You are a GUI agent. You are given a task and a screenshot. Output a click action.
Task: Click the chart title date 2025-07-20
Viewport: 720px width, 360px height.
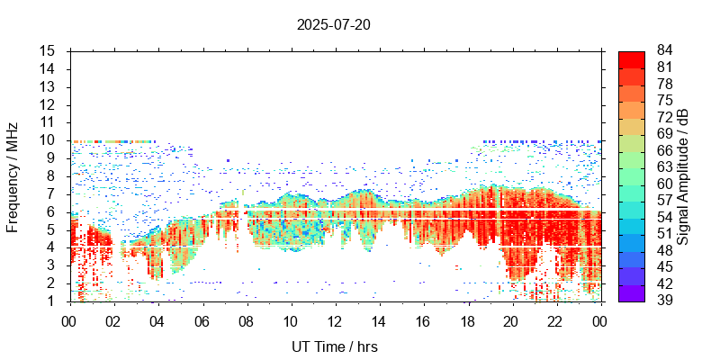[x=333, y=24]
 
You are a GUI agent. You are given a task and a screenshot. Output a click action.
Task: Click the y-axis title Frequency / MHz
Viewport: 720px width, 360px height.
[x=13, y=175]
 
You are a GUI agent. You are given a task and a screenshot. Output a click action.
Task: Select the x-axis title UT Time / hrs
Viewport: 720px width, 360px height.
[x=334, y=346]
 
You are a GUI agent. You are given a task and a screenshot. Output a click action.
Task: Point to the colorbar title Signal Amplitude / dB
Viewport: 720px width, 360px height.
[x=683, y=176]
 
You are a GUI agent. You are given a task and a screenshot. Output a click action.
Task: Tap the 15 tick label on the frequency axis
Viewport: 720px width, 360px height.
[x=49, y=51]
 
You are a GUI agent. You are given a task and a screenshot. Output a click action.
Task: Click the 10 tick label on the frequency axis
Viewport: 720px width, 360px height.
[x=49, y=140]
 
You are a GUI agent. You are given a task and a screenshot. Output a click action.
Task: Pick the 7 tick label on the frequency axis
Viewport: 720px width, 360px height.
[x=52, y=193]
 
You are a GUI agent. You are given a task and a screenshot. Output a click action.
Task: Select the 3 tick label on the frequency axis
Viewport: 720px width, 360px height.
[x=52, y=265]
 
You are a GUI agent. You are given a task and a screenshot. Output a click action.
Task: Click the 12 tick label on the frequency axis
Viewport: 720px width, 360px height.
[x=49, y=104]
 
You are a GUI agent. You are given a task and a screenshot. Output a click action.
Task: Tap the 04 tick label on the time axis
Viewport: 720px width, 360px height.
[x=157, y=320]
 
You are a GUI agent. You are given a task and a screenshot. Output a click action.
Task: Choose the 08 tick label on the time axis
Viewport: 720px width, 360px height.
[x=246, y=320]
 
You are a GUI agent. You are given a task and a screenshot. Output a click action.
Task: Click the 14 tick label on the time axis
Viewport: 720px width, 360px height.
[x=379, y=320]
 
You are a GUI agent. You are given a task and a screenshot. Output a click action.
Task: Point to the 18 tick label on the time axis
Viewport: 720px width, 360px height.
[x=467, y=320]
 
